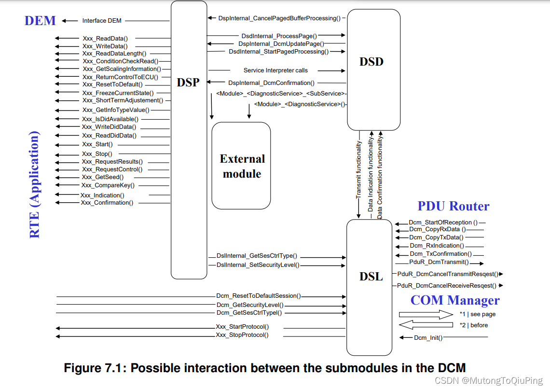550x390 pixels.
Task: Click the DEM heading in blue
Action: coord(40,21)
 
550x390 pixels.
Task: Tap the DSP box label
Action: coord(188,83)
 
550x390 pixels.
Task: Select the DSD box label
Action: coord(371,62)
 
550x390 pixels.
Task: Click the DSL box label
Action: coord(371,277)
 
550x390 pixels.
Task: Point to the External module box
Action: coord(241,166)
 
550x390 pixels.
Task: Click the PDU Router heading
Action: coord(453,206)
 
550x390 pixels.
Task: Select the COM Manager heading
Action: coord(454,300)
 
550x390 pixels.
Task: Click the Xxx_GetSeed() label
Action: coord(102,177)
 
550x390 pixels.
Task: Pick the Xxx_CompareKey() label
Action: coord(108,185)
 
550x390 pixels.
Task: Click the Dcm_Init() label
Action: coord(428,338)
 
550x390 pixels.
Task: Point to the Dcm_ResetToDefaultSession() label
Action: coord(258,296)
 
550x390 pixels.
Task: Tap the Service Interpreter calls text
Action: coord(275,70)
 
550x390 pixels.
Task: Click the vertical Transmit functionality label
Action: coord(358,170)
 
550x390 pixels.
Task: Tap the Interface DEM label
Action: coord(102,21)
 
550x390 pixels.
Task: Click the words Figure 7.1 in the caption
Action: coord(95,368)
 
